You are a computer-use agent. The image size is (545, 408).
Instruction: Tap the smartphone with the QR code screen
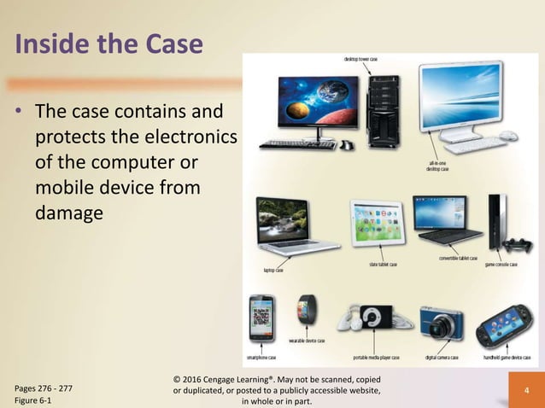coord(261,317)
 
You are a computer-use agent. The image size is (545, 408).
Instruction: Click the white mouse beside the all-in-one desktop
coord(508,136)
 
